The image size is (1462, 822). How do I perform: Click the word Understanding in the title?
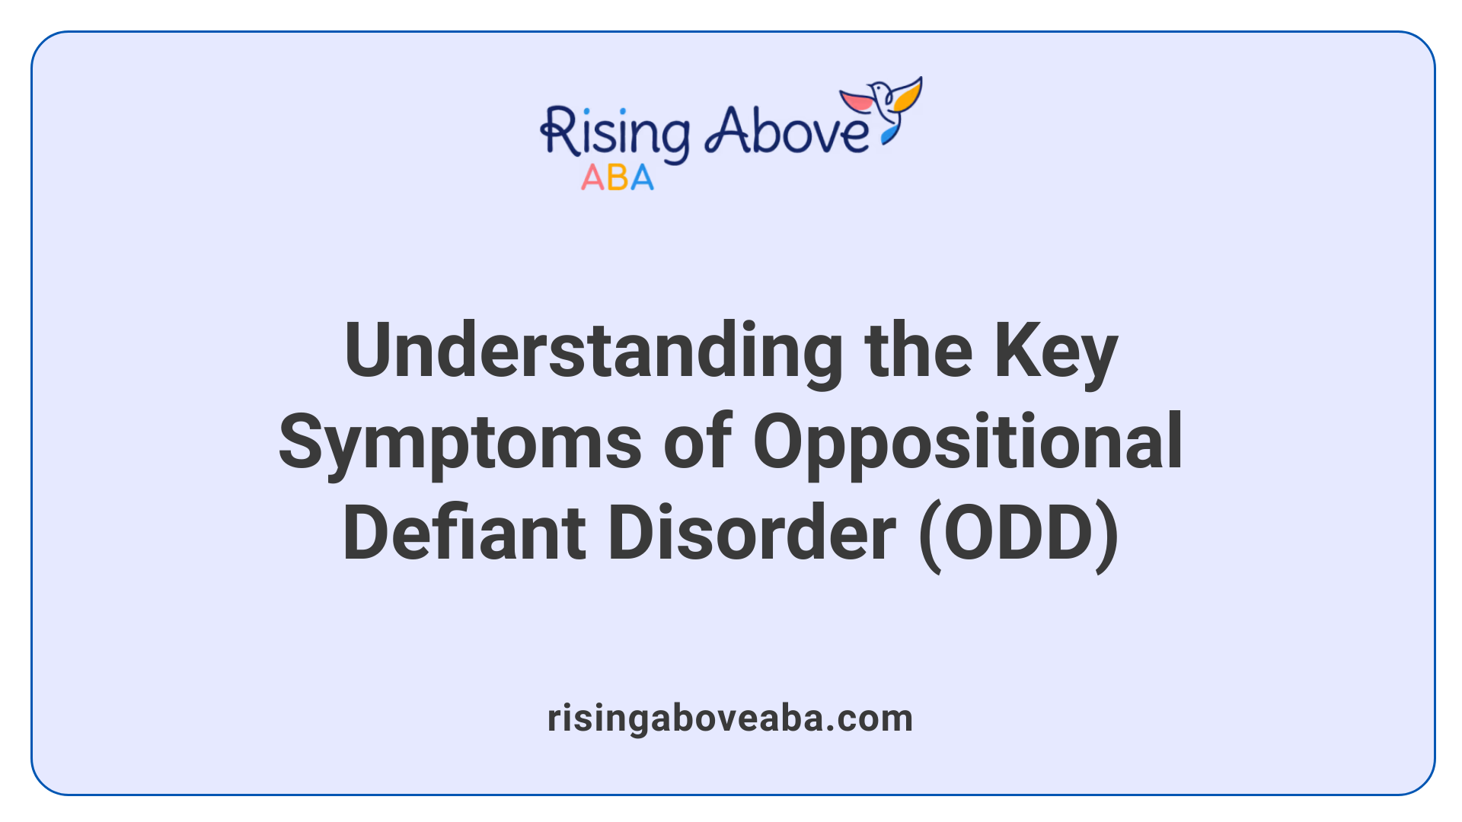coord(593,352)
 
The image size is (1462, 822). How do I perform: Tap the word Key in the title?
coord(1055,352)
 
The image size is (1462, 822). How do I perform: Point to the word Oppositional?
coord(968,441)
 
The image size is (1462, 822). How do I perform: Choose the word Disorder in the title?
coord(752,533)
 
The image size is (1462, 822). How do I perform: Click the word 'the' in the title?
coord(918,352)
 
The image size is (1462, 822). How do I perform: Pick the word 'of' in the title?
coord(697,441)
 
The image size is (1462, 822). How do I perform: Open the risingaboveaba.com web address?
coord(730,718)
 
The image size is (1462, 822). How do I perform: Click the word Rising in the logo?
coord(614,134)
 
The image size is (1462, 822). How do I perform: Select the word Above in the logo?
coord(786,131)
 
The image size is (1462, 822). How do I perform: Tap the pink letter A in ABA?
coord(592,178)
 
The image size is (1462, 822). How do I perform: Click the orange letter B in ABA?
coord(618,178)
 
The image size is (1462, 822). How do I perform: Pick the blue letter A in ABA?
coord(642,178)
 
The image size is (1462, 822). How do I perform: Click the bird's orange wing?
coord(908,95)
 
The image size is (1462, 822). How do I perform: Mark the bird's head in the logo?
coord(880,90)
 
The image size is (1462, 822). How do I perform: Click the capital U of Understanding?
coord(372,350)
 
